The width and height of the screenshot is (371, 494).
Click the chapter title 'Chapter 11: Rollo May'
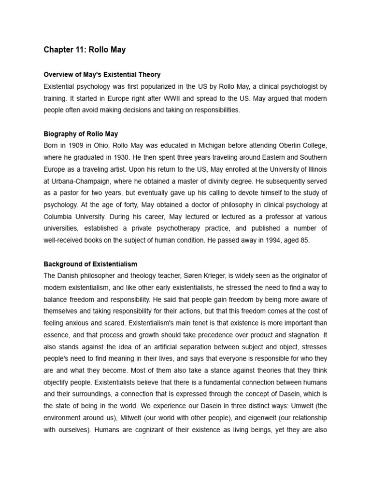[84, 49]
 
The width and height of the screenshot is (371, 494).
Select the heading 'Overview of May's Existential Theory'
[102, 75]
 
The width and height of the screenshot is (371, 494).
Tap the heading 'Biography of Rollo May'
[81, 134]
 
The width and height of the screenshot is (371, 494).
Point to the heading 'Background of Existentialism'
[90, 264]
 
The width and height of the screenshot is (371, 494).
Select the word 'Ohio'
[98, 146]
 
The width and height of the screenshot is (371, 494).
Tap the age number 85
[304, 240]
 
